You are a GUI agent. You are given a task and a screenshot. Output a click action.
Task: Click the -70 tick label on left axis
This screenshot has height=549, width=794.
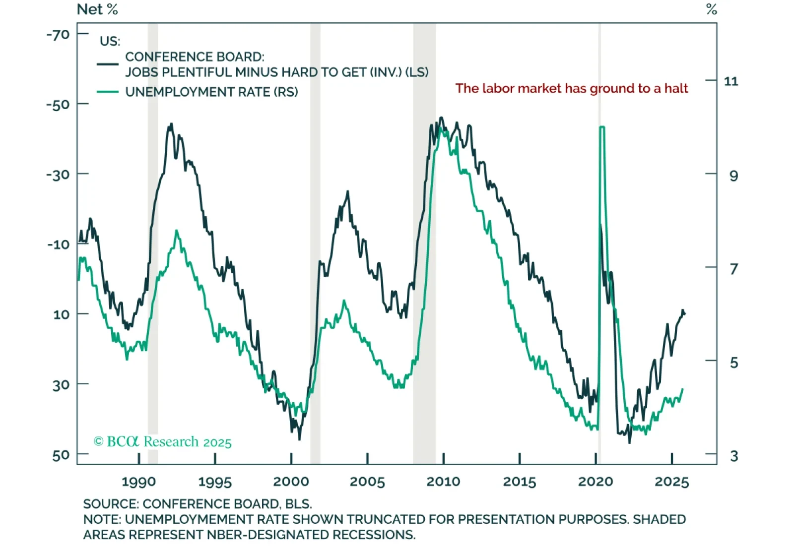click(58, 35)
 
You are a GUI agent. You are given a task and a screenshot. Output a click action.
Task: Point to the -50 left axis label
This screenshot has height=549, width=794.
click(58, 105)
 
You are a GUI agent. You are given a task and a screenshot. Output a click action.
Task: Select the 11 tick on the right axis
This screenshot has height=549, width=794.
click(731, 81)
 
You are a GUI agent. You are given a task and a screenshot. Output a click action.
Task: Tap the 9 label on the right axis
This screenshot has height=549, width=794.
click(733, 175)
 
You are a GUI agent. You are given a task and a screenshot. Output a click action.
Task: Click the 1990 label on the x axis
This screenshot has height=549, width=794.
click(138, 482)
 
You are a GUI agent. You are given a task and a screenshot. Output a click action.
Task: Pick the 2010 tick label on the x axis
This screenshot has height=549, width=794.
click(443, 482)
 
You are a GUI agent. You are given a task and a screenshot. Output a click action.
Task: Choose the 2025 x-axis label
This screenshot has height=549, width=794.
click(671, 482)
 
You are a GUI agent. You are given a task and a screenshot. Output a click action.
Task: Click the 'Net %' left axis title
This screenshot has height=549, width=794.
click(97, 9)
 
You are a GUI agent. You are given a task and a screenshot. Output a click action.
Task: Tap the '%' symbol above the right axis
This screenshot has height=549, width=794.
click(712, 9)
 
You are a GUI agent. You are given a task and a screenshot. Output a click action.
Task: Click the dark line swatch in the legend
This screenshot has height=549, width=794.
click(108, 64)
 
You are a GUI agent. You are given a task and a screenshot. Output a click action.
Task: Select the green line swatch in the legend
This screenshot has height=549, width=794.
click(108, 92)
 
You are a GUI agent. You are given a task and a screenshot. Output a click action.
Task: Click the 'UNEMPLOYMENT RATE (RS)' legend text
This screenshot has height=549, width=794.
click(211, 92)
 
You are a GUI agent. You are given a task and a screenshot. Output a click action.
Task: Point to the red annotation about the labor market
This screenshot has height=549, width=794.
click(572, 89)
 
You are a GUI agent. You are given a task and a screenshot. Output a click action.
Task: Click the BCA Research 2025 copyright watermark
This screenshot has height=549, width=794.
click(162, 441)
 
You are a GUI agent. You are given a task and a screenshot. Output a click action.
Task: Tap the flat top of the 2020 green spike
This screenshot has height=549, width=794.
click(602, 127)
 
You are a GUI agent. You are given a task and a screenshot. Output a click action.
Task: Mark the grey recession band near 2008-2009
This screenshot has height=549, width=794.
click(424, 243)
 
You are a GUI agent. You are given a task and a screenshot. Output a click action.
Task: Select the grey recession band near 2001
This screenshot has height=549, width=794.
click(315, 243)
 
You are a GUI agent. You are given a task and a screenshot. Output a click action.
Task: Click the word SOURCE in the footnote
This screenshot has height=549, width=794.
click(111, 504)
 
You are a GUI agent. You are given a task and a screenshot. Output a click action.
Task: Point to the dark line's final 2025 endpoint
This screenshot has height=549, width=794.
click(684, 313)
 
